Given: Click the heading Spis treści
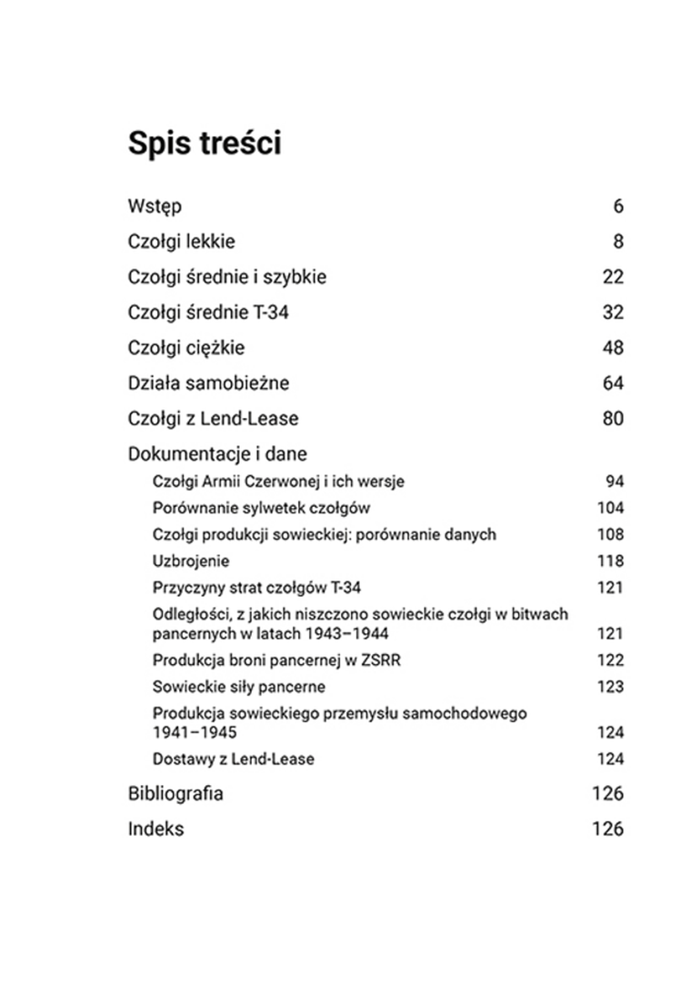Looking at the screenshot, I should tap(205, 144).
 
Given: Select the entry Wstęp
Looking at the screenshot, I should tap(155, 207).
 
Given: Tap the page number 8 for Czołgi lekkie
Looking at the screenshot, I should tap(618, 242).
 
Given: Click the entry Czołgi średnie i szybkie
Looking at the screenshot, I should tap(226, 277).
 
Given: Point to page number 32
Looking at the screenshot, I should tap(613, 313).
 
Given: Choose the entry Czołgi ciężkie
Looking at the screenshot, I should tap(186, 348).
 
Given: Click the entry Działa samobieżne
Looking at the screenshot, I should tap(208, 383).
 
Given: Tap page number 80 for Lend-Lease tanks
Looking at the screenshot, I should tap(613, 419).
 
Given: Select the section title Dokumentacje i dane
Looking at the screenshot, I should tap(217, 453).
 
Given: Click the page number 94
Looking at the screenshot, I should tap(615, 482).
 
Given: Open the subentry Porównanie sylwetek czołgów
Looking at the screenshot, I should tap(261, 508).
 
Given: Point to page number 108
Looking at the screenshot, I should tap(610, 534).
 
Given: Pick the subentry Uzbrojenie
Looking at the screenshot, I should tap(191, 561).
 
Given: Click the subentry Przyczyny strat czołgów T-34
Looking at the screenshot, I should tap(263, 587).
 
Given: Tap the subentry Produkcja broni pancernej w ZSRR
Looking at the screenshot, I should tap(276, 660).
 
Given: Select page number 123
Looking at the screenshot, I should tap(610, 687).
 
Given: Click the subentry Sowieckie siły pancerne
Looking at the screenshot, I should tap(238, 687).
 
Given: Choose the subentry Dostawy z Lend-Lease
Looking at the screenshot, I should tap(234, 759).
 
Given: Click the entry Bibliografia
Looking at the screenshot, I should tap(175, 794).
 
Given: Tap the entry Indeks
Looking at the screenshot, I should tap(155, 829).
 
